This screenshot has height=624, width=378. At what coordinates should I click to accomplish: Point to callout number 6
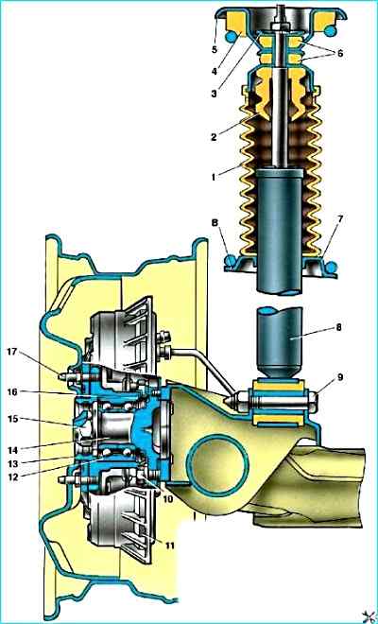pyautogui.click(x=339, y=53)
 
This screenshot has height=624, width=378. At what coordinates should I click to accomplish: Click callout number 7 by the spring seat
pyautogui.click(x=340, y=219)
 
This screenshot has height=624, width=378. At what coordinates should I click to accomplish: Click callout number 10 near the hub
pyautogui.click(x=168, y=498)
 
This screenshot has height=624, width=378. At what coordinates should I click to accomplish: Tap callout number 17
pyautogui.click(x=12, y=352)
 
